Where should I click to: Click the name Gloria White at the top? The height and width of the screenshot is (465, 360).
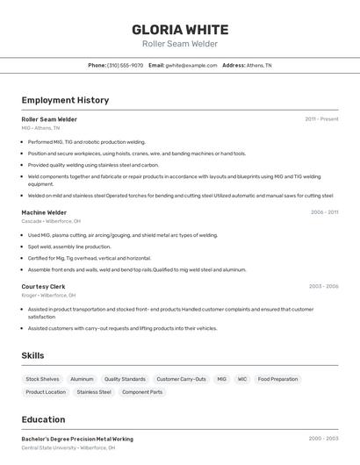tap(180, 29)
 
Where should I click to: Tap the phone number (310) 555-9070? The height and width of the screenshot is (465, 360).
tap(125, 65)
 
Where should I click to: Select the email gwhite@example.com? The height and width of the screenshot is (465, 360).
tap(191, 65)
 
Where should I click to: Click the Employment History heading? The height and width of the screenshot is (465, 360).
tap(65, 100)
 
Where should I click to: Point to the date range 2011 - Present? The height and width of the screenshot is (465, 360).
tap(321, 118)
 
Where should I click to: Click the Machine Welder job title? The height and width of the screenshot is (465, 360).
tap(44, 212)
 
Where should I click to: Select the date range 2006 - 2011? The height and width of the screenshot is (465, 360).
tap(324, 212)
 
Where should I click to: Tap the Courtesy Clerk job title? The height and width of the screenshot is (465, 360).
tap(43, 286)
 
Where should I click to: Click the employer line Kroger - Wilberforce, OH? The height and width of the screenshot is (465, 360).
tap(48, 296)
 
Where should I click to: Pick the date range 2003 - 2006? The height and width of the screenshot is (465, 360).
tap(323, 286)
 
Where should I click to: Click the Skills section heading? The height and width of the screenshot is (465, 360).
tap(33, 355)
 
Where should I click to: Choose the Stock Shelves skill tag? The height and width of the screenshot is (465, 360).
tap(42, 379)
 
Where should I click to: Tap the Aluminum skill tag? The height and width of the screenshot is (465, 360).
tap(82, 379)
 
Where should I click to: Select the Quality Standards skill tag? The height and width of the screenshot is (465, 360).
tap(125, 379)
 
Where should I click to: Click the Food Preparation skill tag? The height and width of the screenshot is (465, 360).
tap(277, 379)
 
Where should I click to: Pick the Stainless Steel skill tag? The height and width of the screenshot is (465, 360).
tap(94, 392)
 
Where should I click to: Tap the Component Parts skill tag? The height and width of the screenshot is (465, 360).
tap(142, 392)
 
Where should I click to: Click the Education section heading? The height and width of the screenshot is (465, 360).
tap(43, 419)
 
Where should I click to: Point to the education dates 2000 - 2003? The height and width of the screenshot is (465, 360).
tap(323, 439)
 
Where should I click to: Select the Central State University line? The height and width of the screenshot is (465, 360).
tap(68, 448)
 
